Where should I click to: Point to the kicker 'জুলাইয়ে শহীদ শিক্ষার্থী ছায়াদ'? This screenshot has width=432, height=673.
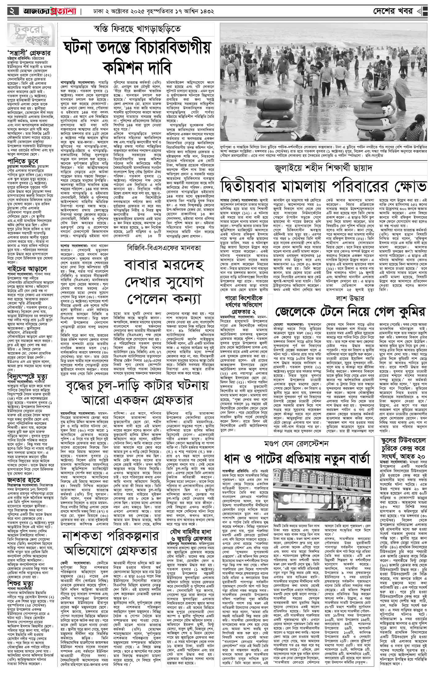click(x=324, y=169)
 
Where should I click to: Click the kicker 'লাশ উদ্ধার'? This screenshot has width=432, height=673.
click(x=349, y=299)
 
